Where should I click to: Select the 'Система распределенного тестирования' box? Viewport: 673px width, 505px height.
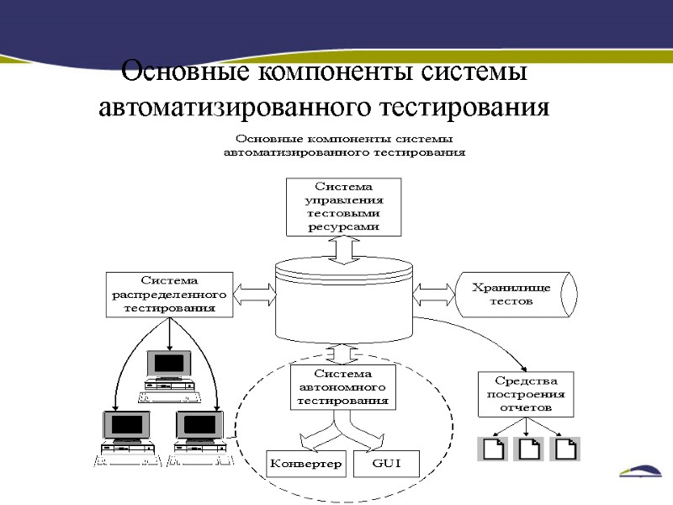coord(169,294)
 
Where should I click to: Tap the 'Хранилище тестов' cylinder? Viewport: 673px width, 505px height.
coord(515,294)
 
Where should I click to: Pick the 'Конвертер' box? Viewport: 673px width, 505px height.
coord(306,464)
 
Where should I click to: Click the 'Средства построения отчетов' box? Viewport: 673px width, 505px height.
coord(526,394)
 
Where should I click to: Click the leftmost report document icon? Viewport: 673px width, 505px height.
coord(494,449)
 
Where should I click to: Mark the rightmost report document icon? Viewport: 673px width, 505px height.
coord(566,449)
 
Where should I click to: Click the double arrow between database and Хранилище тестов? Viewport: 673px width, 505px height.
coord(434,294)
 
